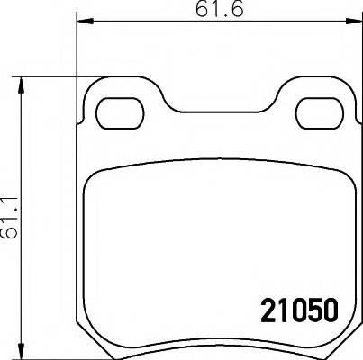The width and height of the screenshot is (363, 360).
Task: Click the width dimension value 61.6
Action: point(212,11)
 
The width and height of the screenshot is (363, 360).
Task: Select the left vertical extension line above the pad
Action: point(77,45)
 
